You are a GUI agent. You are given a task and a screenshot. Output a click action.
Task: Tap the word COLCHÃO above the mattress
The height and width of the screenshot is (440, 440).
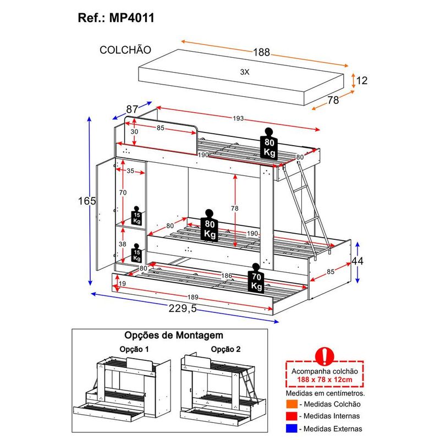pos(125,50)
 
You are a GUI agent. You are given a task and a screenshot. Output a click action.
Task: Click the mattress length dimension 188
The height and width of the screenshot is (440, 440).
pos(262,52)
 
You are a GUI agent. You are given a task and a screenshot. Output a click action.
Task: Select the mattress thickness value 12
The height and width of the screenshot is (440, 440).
pos(361,80)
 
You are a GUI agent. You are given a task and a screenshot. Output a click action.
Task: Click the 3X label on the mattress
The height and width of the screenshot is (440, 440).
pos(245,72)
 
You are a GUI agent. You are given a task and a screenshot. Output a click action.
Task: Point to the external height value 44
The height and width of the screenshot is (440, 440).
pos(358,261)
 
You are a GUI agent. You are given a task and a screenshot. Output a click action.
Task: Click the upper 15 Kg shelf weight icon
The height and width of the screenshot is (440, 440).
pos(136,216)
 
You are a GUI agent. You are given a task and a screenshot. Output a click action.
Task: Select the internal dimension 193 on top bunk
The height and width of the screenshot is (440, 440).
pos(238,119)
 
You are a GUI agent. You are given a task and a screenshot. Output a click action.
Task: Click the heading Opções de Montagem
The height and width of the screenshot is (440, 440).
pos(174,335)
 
